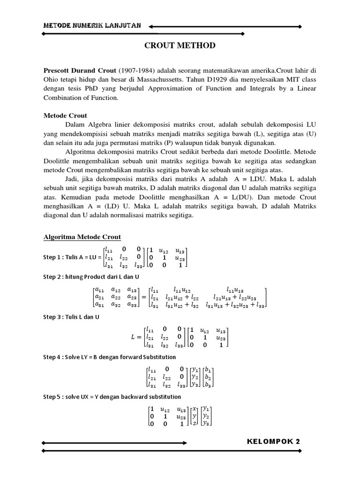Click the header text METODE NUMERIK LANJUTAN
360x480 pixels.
(x=92, y=26)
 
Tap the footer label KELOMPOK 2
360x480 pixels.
(x=273, y=441)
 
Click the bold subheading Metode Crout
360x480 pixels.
(x=65, y=115)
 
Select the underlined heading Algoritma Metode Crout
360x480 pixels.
(x=82, y=237)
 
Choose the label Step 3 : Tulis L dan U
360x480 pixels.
(x=71, y=317)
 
